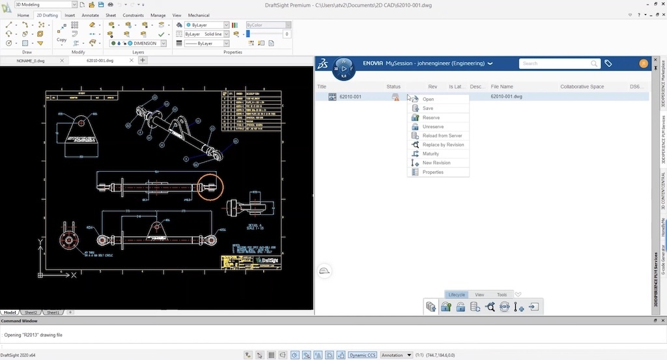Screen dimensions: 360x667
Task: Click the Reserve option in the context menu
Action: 431,118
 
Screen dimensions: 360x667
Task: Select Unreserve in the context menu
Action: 433,127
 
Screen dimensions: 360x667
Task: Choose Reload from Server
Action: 442,136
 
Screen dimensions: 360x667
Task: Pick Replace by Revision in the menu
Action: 443,145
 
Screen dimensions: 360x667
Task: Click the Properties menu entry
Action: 433,173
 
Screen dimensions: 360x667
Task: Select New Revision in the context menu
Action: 436,163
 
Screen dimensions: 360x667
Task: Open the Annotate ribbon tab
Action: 91,15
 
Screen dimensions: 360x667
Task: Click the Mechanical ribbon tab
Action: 199,15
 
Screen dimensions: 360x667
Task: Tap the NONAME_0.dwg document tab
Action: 30,61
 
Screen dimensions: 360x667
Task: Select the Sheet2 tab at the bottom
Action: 32,312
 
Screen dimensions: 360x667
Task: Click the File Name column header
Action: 502,87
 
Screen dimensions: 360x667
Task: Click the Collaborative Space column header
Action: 582,87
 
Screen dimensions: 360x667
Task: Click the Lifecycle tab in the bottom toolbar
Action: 457,295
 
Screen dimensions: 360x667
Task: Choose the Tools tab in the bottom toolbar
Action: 502,295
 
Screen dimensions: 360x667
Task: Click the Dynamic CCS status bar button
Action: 362,355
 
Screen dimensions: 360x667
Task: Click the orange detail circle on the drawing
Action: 210,186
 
